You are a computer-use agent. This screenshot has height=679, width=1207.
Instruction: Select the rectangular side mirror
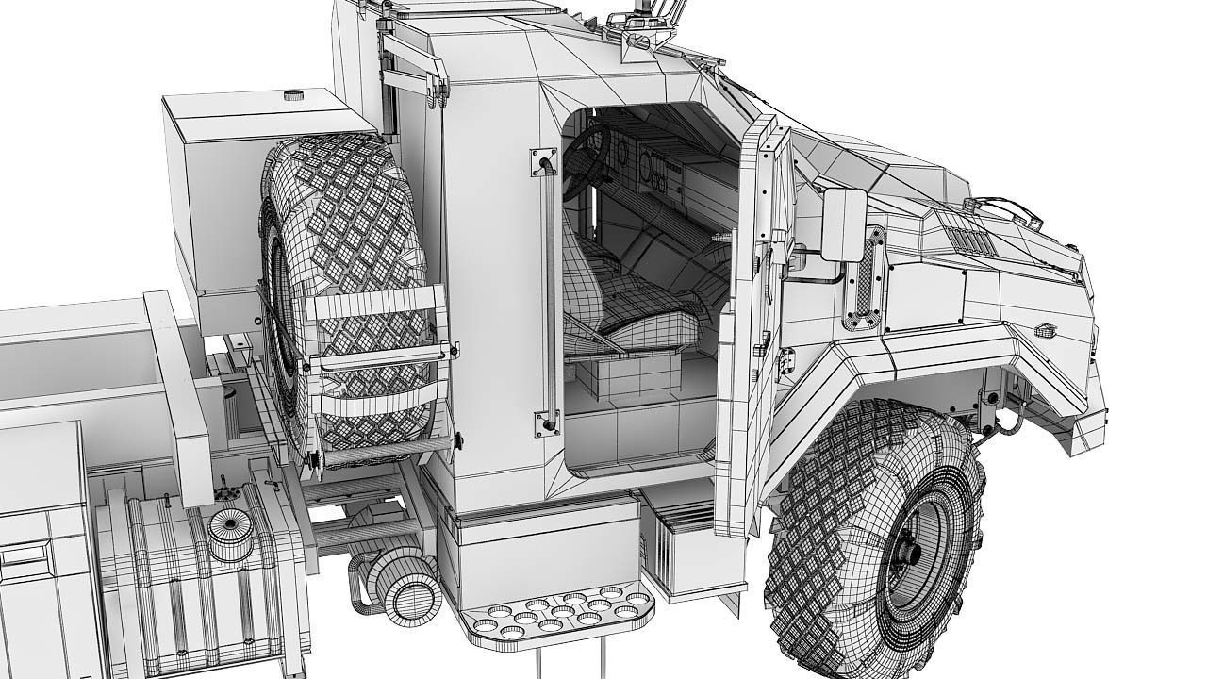843,224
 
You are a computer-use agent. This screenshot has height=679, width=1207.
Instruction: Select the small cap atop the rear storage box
293,94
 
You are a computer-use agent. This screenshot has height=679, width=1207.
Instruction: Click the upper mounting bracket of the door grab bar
543,161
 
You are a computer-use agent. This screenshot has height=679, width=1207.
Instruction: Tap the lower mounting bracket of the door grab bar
546,422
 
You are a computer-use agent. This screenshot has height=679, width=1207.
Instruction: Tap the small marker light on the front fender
1045,330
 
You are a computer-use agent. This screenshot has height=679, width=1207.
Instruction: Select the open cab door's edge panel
745,330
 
